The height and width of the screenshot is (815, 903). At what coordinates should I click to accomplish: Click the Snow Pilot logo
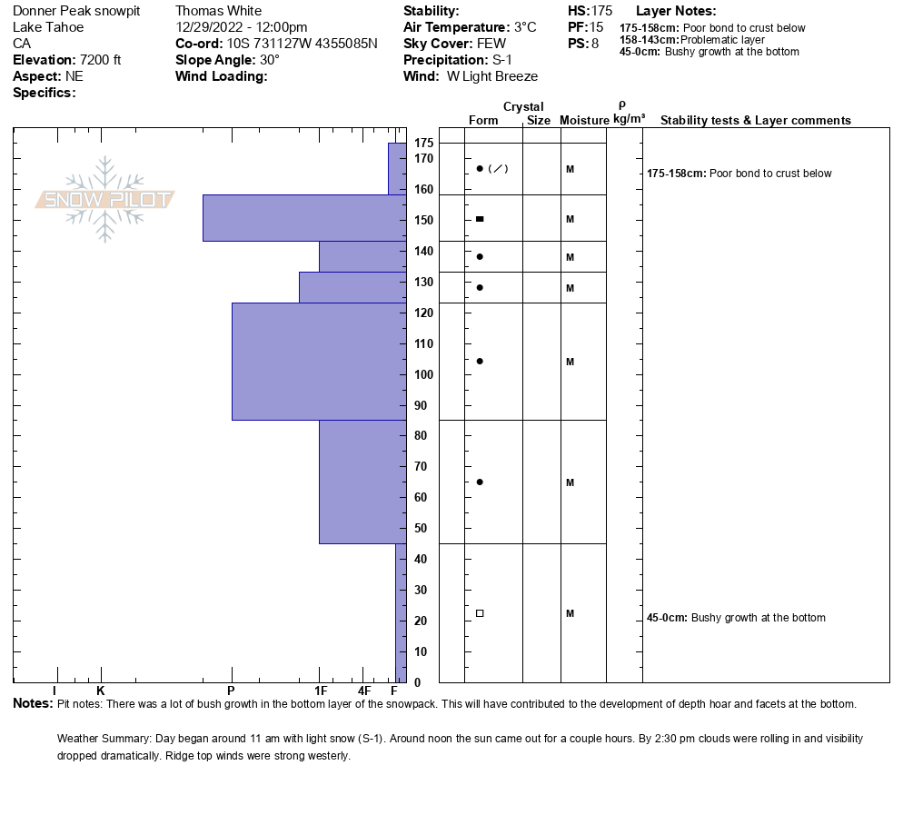(x=104, y=199)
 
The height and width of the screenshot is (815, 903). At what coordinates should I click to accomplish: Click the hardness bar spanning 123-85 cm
(x=319, y=362)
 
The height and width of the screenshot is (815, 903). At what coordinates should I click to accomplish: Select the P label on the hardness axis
(x=231, y=691)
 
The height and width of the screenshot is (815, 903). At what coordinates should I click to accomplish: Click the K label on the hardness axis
(x=100, y=691)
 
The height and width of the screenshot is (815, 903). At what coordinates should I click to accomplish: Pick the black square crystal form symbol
(x=480, y=219)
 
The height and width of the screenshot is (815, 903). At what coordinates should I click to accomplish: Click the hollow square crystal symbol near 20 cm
(x=480, y=613)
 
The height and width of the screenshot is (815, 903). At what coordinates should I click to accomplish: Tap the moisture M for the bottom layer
(x=570, y=613)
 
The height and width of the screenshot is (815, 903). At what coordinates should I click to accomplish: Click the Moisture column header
(x=583, y=121)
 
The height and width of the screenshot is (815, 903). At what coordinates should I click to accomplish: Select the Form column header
(x=483, y=121)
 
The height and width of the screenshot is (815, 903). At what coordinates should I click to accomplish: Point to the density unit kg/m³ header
(x=629, y=119)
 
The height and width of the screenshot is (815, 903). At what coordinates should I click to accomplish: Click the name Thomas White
(x=218, y=11)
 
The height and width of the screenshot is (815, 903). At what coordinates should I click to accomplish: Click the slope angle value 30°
(x=270, y=60)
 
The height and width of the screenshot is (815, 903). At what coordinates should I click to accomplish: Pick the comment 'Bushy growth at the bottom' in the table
(x=758, y=618)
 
